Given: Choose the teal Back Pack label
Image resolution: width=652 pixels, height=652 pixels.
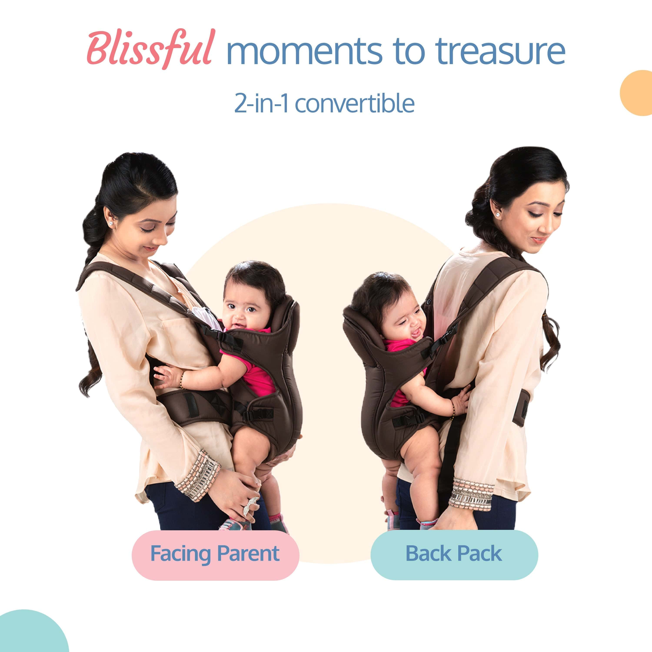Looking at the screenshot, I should (x=454, y=554).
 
